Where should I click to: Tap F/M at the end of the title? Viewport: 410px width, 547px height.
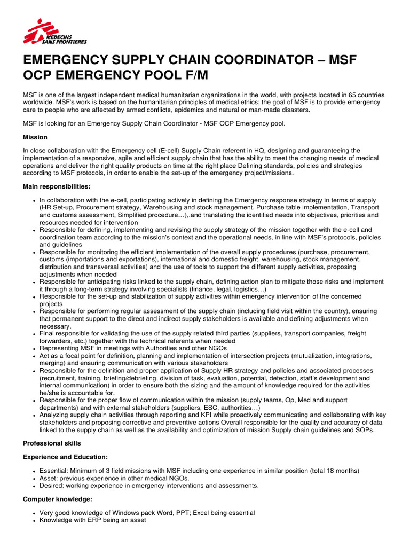click(x=194, y=76)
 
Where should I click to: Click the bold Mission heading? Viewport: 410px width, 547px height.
click(x=35, y=137)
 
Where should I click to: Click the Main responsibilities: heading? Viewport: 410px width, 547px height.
click(x=57, y=186)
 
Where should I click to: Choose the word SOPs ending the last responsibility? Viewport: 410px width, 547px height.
click(x=366, y=430)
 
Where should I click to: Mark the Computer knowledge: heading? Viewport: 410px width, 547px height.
click(x=58, y=499)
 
